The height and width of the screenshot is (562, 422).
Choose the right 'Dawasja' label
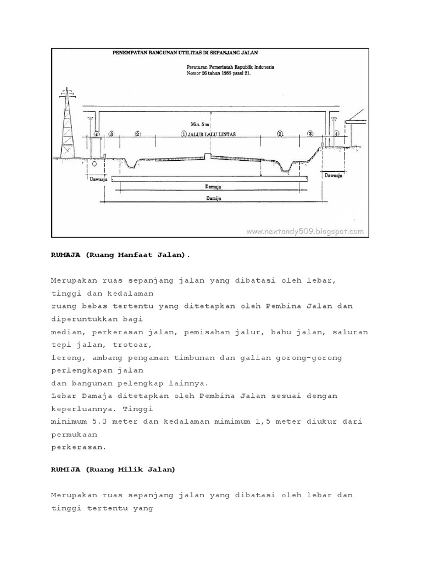(x=333, y=176)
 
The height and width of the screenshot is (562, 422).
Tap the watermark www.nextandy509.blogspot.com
(x=305, y=232)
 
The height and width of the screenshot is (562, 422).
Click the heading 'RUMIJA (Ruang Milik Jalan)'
(x=113, y=469)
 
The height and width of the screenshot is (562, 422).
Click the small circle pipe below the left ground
(x=95, y=164)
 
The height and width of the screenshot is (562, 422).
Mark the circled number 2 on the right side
(x=280, y=134)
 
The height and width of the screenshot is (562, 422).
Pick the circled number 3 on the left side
(x=112, y=134)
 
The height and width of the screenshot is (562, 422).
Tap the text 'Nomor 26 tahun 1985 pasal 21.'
(x=217, y=72)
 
